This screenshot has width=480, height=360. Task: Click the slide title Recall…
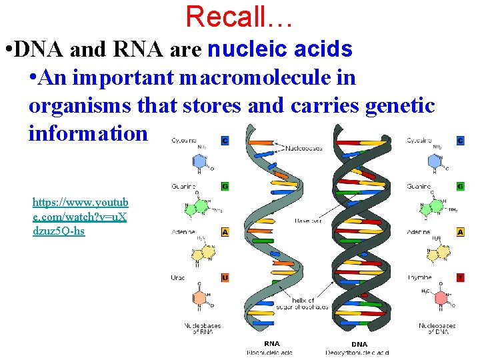[x=239, y=16]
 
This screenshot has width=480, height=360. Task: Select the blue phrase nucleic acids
[x=280, y=49]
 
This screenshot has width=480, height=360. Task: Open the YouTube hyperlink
[x=81, y=217]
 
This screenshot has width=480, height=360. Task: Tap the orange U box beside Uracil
[x=225, y=277]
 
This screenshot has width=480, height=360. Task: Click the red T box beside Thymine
[x=460, y=277]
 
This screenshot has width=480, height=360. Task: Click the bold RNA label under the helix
[x=272, y=344]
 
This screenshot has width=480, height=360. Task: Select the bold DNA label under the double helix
[x=360, y=344]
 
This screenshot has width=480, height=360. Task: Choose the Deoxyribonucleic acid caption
[x=360, y=352]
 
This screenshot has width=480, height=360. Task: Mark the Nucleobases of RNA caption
[x=202, y=329]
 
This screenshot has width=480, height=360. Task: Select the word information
[x=88, y=133]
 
